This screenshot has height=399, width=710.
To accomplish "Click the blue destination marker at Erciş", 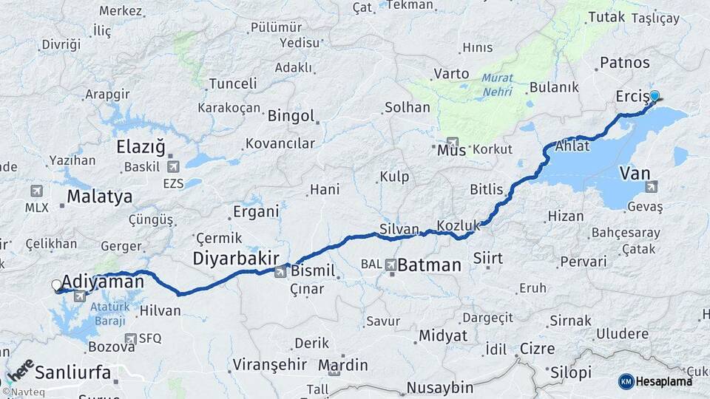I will coord(654,95).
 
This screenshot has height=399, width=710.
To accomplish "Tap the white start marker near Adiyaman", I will coord(57,284).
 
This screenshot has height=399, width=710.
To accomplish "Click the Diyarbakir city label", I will coord(236,258).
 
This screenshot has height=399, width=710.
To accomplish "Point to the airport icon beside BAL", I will coord(390,264).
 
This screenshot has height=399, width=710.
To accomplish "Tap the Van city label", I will coord(635,172).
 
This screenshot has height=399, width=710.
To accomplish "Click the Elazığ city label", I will coord(141,146).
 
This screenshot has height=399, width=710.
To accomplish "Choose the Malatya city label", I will coord(100,197).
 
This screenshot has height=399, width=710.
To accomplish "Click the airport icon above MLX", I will coord(36,191).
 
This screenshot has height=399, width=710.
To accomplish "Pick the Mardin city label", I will coord(342,365).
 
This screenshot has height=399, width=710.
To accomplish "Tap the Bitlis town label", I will coord(487,189).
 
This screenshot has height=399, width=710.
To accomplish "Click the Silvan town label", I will coord(399,229).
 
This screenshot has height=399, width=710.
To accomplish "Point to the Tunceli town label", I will coord(232,83).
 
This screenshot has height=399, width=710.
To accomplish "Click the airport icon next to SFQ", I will coord(131,338).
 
